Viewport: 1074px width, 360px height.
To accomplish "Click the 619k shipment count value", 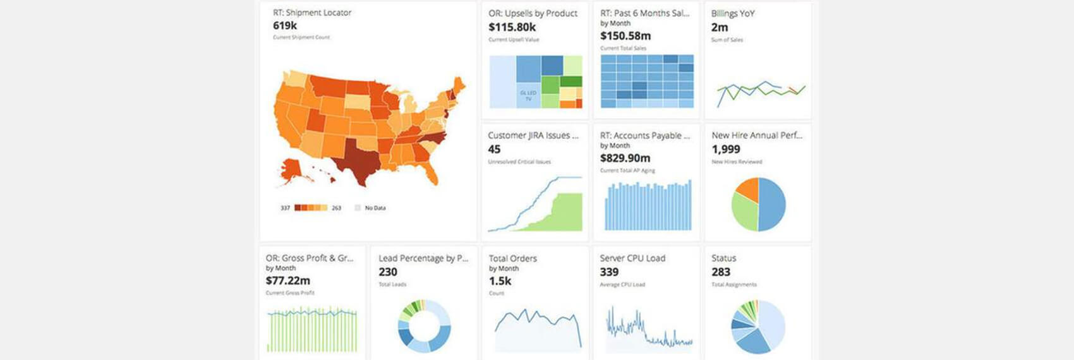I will pos(285,26).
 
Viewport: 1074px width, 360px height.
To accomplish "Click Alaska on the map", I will pos(291,169).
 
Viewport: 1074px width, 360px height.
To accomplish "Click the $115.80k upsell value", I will pos(512,27).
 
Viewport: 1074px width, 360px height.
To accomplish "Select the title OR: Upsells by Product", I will pos(533,13).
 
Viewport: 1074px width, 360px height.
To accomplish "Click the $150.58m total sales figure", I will pos(625,36).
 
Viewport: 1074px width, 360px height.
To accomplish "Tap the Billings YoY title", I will pos(732,13).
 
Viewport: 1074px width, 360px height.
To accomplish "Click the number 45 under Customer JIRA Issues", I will pos(494,149).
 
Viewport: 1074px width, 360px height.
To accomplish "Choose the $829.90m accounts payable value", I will pos(625,158).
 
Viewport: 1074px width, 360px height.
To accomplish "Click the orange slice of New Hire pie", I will pos(749,189).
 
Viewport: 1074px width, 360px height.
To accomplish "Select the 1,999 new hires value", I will pos(725,149).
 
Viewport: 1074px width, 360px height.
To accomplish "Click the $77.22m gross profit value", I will pos(287,280).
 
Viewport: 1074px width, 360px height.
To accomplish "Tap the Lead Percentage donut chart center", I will pos(424,326).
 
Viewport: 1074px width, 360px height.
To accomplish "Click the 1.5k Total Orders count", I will pos(500,281).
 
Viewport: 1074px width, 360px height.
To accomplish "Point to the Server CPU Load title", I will pos(632,258).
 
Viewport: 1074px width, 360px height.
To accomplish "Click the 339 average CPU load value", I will pos(609,272).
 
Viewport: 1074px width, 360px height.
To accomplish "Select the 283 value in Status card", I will pos(720,272).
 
